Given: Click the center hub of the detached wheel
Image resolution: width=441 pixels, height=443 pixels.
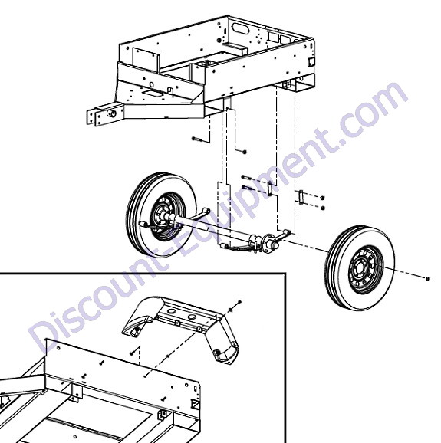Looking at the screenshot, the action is pos(360,267).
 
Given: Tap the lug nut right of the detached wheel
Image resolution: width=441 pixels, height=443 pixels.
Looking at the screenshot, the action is pos(428,279).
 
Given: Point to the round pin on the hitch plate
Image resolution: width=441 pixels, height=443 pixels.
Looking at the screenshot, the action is pos(110,113).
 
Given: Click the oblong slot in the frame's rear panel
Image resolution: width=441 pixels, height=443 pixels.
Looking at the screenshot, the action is pos(239,28).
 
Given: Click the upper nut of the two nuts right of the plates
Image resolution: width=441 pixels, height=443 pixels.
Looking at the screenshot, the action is pos(323,198).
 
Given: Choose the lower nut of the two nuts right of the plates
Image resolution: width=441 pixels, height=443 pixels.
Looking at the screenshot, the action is pos(323,208).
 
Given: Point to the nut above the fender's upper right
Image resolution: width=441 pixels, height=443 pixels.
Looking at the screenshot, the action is pos(240,302).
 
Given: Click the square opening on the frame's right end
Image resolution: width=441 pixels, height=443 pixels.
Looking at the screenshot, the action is pos(311,62).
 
